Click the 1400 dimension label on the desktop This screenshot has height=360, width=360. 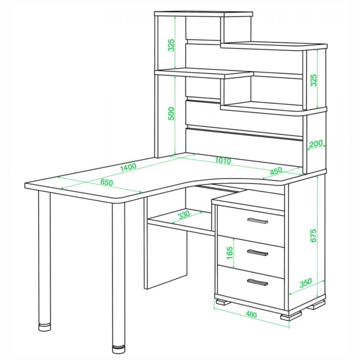pos(129,167)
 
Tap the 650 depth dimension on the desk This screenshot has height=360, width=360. pos(107,182)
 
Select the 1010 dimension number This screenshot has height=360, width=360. pos(223,160)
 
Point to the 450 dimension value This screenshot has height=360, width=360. pos(276,171)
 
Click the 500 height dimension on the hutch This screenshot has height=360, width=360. pos(171,114)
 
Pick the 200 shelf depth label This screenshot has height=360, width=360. pos(316,144)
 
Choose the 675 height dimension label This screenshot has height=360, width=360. pos(313,236)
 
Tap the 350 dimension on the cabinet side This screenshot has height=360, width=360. pos(306,283)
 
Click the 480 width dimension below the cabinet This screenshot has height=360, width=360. pos(251,314)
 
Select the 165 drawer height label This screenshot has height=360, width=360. pos(229,253)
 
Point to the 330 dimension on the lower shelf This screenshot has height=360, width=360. pos(184,215)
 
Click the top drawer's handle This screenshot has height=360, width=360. pos(258,221)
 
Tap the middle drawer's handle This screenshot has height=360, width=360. pos(258,253)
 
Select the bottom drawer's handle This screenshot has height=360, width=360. pos(258,282)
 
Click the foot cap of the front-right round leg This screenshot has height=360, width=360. pos(119,349)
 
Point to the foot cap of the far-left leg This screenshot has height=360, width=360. pos(45,327)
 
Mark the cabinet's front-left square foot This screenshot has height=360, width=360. pos(223,302)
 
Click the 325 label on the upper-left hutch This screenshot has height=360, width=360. pos(171,45)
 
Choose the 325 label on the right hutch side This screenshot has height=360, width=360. pos(313,80)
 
